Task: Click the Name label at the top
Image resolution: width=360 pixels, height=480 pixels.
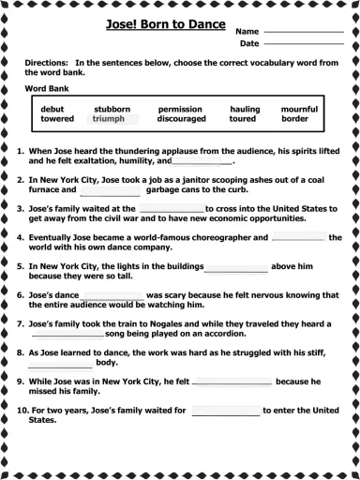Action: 247,31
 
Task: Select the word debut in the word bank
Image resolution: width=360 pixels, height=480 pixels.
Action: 52,110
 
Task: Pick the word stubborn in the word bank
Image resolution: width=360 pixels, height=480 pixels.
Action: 112,110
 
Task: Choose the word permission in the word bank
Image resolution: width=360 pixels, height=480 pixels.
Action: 180,110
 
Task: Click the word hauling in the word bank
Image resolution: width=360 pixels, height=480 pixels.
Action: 245,110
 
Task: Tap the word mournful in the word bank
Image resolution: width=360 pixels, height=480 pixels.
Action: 299,110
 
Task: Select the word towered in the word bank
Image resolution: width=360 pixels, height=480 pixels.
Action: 57,119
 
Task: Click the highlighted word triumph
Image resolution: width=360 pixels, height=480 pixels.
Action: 109,119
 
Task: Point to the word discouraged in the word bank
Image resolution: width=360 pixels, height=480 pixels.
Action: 181,119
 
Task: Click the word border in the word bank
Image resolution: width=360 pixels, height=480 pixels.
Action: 294,119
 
